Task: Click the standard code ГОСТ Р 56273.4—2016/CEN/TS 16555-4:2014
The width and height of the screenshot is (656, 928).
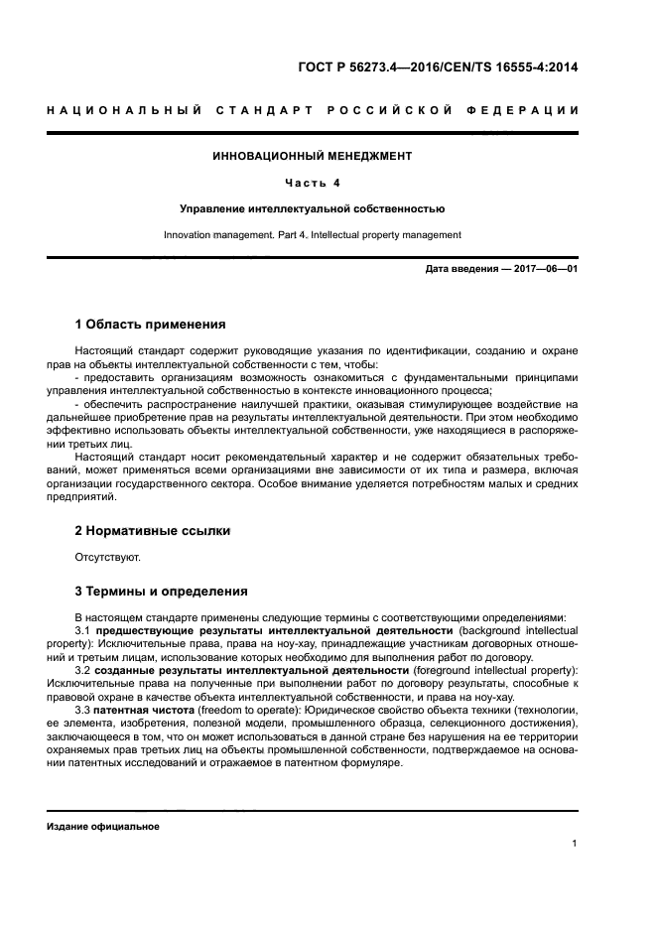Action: click(439, 67)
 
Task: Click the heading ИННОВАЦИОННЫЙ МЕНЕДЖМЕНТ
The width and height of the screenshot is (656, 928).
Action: click(312, 156)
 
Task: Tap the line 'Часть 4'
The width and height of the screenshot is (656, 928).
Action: click(312, 183)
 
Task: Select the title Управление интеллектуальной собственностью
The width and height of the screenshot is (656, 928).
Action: click(312, 209)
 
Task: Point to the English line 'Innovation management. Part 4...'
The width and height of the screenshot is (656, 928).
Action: click(312, 235)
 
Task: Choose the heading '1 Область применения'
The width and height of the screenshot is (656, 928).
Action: click(150, 324)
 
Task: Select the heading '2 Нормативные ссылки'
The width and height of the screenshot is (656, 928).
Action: click(153, 531)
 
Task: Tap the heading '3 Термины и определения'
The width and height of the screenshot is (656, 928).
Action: click(161, 592)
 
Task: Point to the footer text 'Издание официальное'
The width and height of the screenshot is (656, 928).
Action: click(103, 826)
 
